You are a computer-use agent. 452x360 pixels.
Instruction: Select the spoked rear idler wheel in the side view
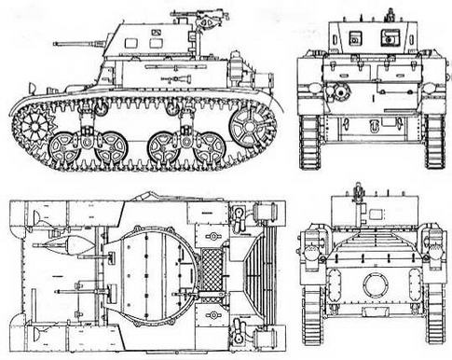click(250, 125)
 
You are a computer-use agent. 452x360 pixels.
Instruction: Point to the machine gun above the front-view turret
click(358, 195)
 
